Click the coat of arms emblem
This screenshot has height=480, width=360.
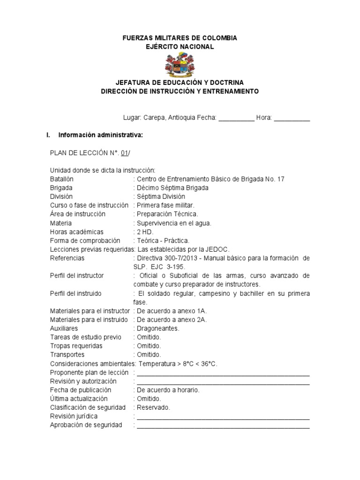click(x=180, y=66)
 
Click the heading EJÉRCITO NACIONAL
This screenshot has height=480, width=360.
click(x=180, y=46)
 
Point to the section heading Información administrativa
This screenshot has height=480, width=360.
click(x=100, y=135)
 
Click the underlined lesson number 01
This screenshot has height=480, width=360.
click(x=124, y=153)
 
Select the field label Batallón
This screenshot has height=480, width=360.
click(x=61, y=179)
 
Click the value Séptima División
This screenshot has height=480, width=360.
click(x=160, y=196)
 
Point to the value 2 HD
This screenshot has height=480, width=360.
click(x=145, y=232)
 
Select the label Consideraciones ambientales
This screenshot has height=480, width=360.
click(x=91, y=364)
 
